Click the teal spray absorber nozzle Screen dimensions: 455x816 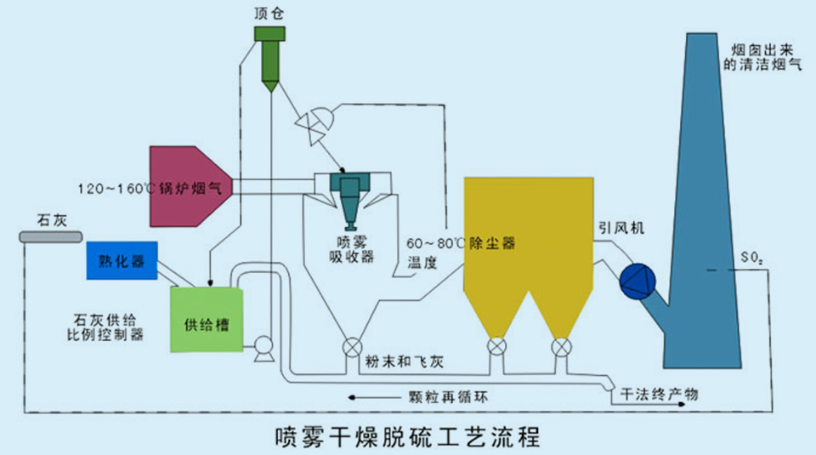click(x=349, y=196)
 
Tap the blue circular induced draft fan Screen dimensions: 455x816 click(x=635, y=281)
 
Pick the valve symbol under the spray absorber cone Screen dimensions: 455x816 click(x=350, y=348)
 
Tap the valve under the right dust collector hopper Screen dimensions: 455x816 click(x=561, y=347)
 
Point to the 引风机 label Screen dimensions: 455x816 click(x=620, y=228)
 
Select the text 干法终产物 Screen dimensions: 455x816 click(x=660, y=394)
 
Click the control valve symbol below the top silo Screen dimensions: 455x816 click(x=309, y=125)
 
